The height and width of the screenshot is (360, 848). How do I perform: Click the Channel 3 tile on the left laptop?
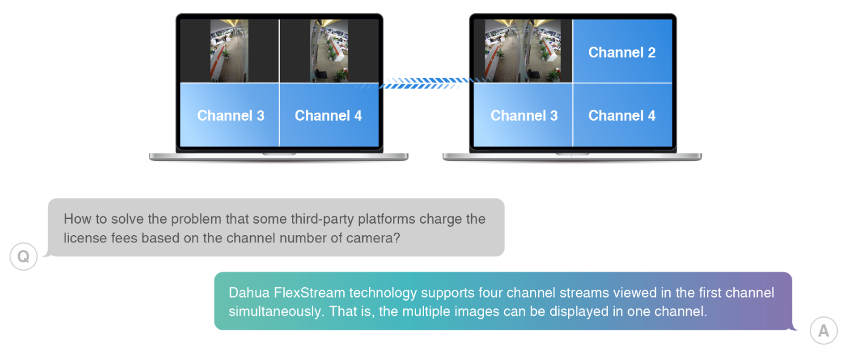(x=230, y=115)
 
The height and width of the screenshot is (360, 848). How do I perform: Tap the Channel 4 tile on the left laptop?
(x=328, y=115)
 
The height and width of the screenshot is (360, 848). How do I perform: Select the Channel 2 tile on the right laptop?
(x=622, y=52)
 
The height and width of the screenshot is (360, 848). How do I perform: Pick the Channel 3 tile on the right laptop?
(x=523, y=115)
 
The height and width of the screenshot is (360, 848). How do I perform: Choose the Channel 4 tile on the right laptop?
(x=622, y=115)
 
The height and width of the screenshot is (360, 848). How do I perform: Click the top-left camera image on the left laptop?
(x=229, y=51)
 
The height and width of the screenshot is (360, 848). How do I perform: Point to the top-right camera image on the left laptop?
(x=329, y=51)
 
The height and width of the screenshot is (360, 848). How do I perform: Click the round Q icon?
(x=24, y=257)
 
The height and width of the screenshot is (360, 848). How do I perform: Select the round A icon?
(x=823, y=331)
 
